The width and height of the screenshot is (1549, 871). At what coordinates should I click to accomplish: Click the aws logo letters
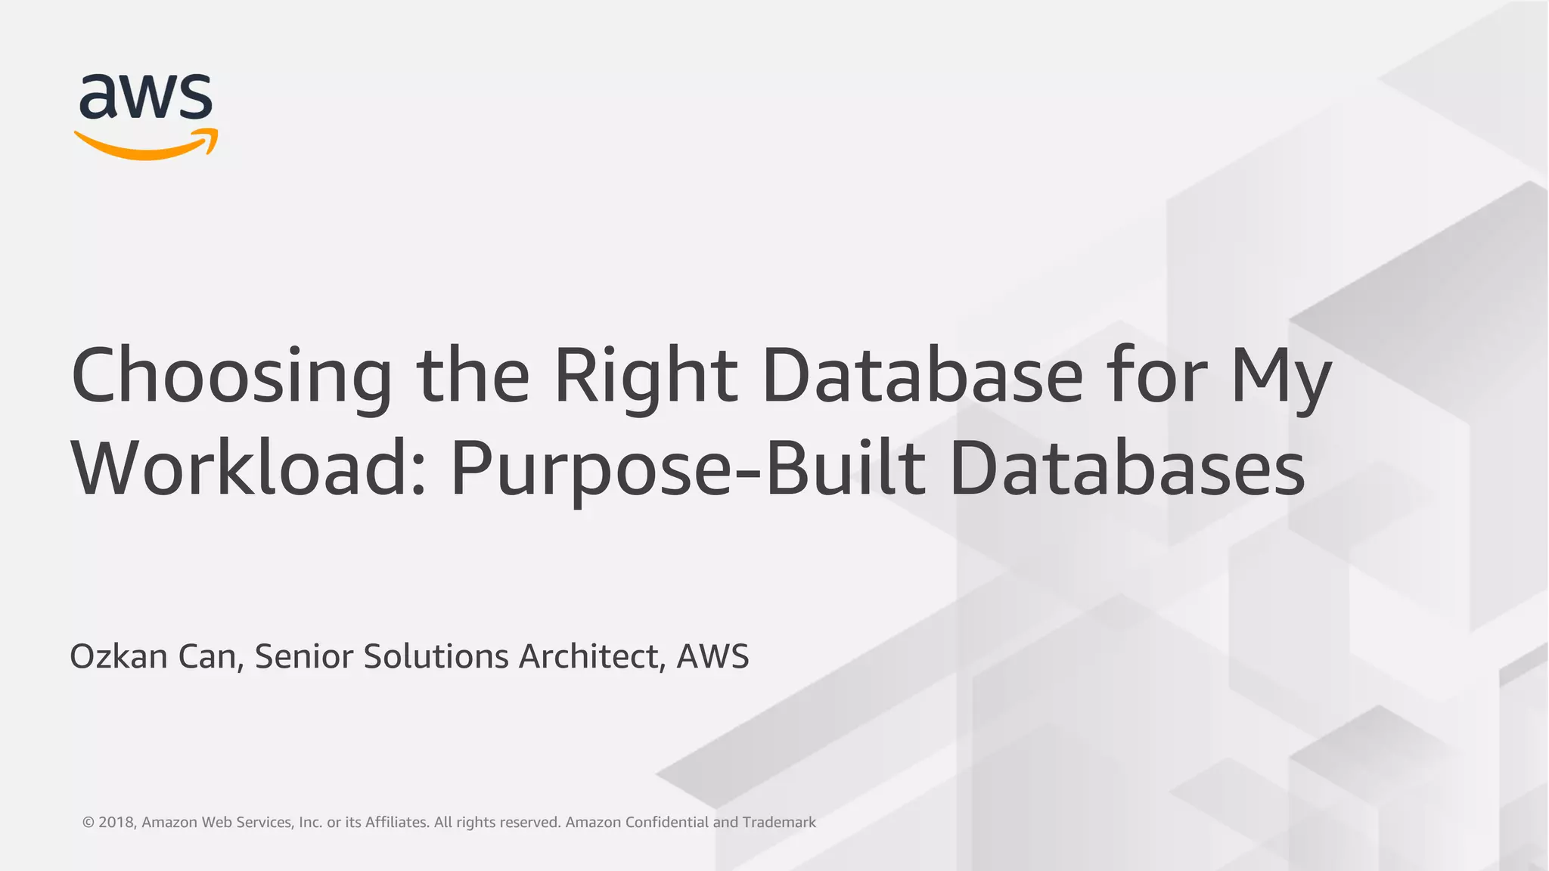coord(145,96)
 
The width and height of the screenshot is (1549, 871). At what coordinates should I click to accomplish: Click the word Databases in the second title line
coord(1127,469)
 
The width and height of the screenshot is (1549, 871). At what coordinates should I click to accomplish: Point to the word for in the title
coord(1155,376)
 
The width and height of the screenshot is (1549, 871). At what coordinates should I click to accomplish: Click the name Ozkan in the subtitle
coord(119,656)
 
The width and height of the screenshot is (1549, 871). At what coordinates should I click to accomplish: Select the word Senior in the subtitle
coord(302,656)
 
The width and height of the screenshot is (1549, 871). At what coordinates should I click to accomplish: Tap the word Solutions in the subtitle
coord(436,656)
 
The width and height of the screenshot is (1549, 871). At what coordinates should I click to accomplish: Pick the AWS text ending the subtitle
coord(712,656)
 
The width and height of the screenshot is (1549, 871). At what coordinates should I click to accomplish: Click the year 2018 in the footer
coord(116,823)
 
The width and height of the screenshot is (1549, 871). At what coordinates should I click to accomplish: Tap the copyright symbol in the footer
coord(88,823)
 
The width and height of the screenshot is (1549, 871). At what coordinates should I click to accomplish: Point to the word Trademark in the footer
coord(779,823)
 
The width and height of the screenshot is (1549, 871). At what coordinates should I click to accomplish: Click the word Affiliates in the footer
coord(397,823)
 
